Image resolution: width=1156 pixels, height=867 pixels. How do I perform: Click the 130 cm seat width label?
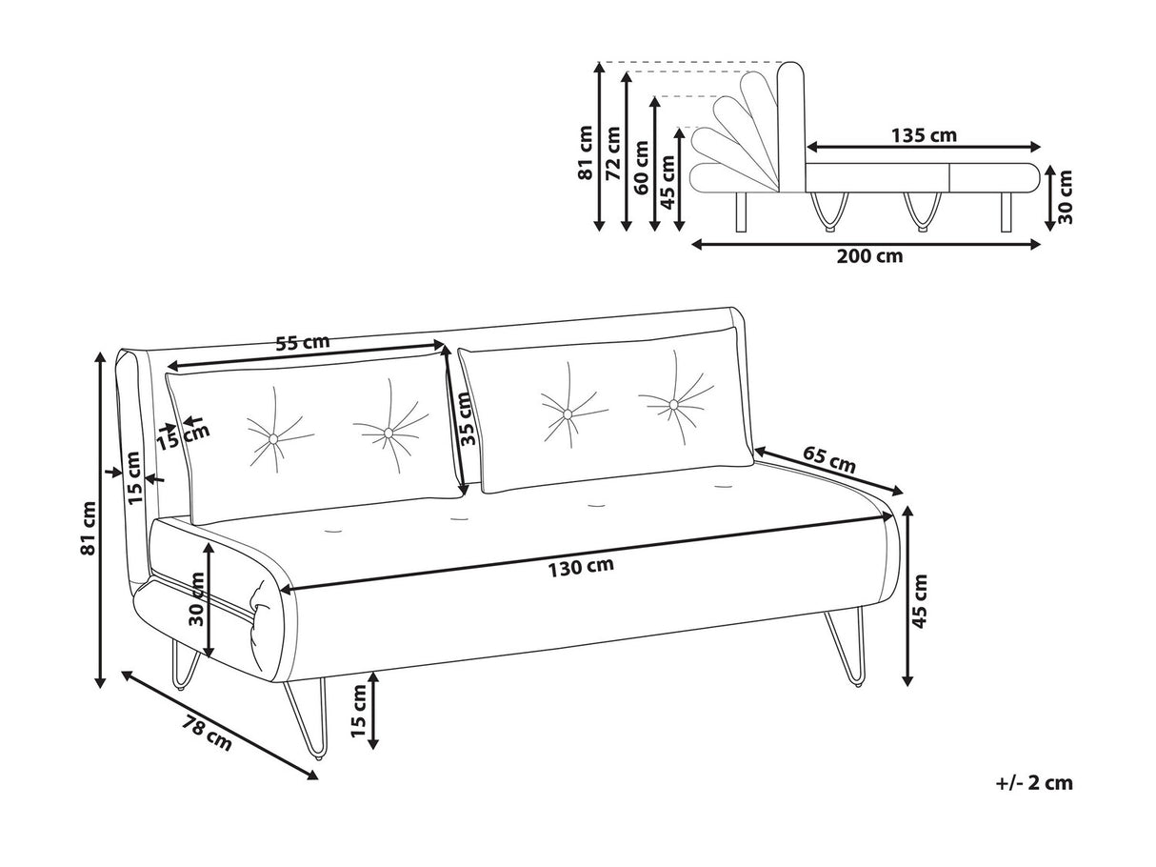coord(580,568)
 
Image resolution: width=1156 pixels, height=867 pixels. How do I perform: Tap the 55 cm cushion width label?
coord(302,342)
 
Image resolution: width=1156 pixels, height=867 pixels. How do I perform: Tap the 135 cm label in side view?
coord(923,135)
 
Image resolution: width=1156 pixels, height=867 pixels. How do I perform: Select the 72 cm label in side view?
coord(613,152)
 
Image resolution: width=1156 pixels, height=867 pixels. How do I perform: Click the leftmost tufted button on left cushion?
coord(274,437)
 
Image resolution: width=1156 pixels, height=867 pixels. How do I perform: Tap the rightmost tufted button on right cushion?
coord(674,405)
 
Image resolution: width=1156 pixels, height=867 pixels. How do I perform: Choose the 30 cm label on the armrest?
coord(197,598)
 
